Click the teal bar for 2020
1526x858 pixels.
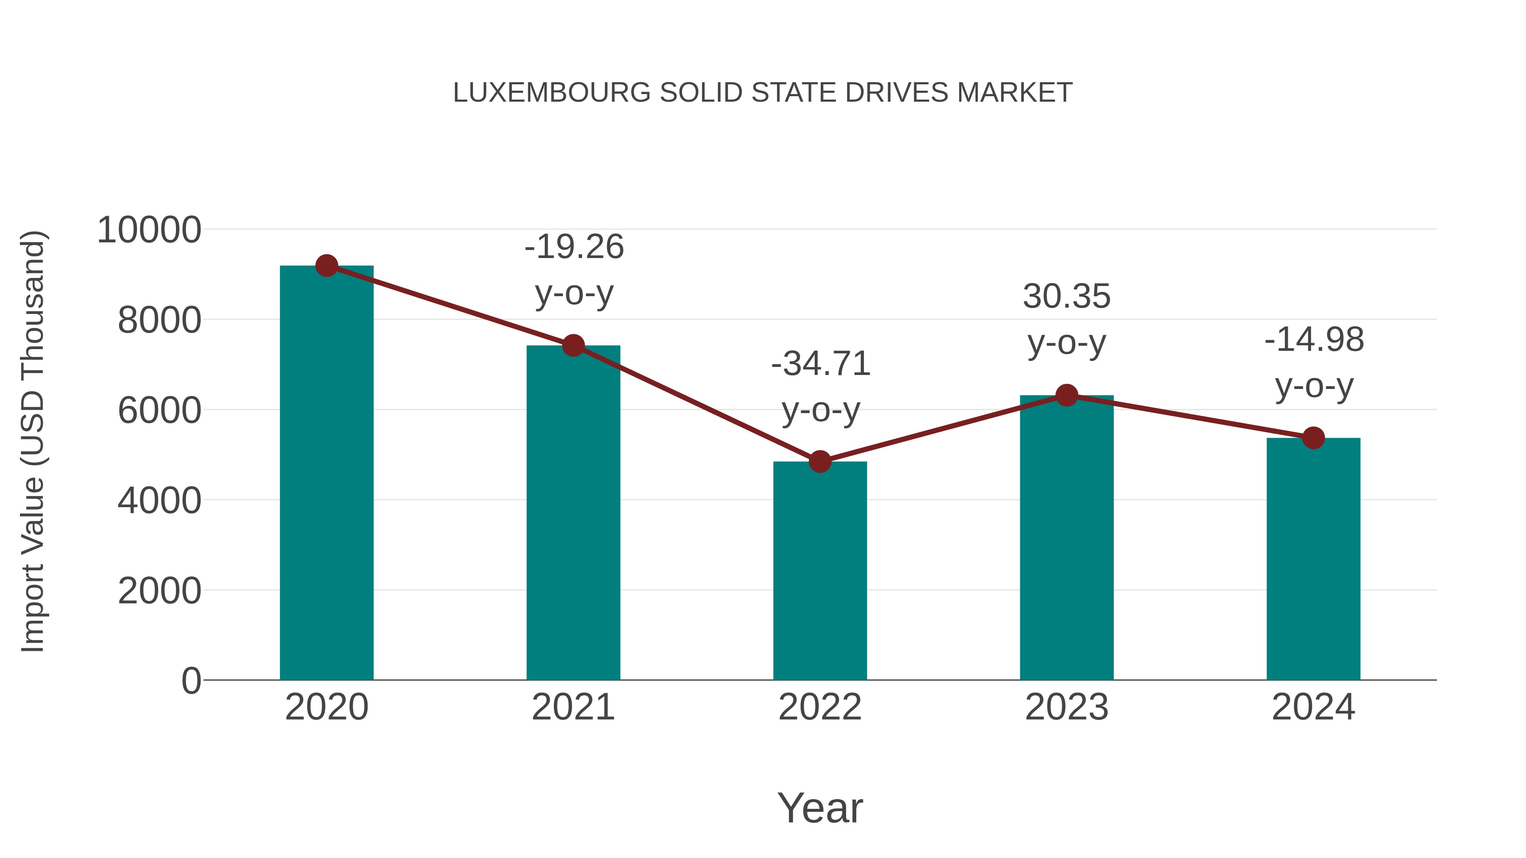pos(326,474)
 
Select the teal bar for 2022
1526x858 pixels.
pos(820,572)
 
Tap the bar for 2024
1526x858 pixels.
pos(1313,560)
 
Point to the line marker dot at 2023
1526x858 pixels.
pos(1067,395)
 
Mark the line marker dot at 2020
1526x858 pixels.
pos(326,266)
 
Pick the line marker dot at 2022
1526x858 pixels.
pos(820,461)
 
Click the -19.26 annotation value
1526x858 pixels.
pos(574,247)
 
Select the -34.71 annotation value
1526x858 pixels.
pos(821,364)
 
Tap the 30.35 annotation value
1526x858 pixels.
pos(1067,296)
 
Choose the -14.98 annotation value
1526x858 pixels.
pos(1314,340)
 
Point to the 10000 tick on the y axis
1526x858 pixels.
pos(149,230)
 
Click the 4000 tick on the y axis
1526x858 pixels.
pos(159,500)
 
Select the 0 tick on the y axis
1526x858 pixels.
pos(191,680)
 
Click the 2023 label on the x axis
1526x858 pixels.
pos(1067,707)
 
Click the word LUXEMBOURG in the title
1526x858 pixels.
pos(551,93)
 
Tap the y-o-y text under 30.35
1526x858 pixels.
pos(1067,342)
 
